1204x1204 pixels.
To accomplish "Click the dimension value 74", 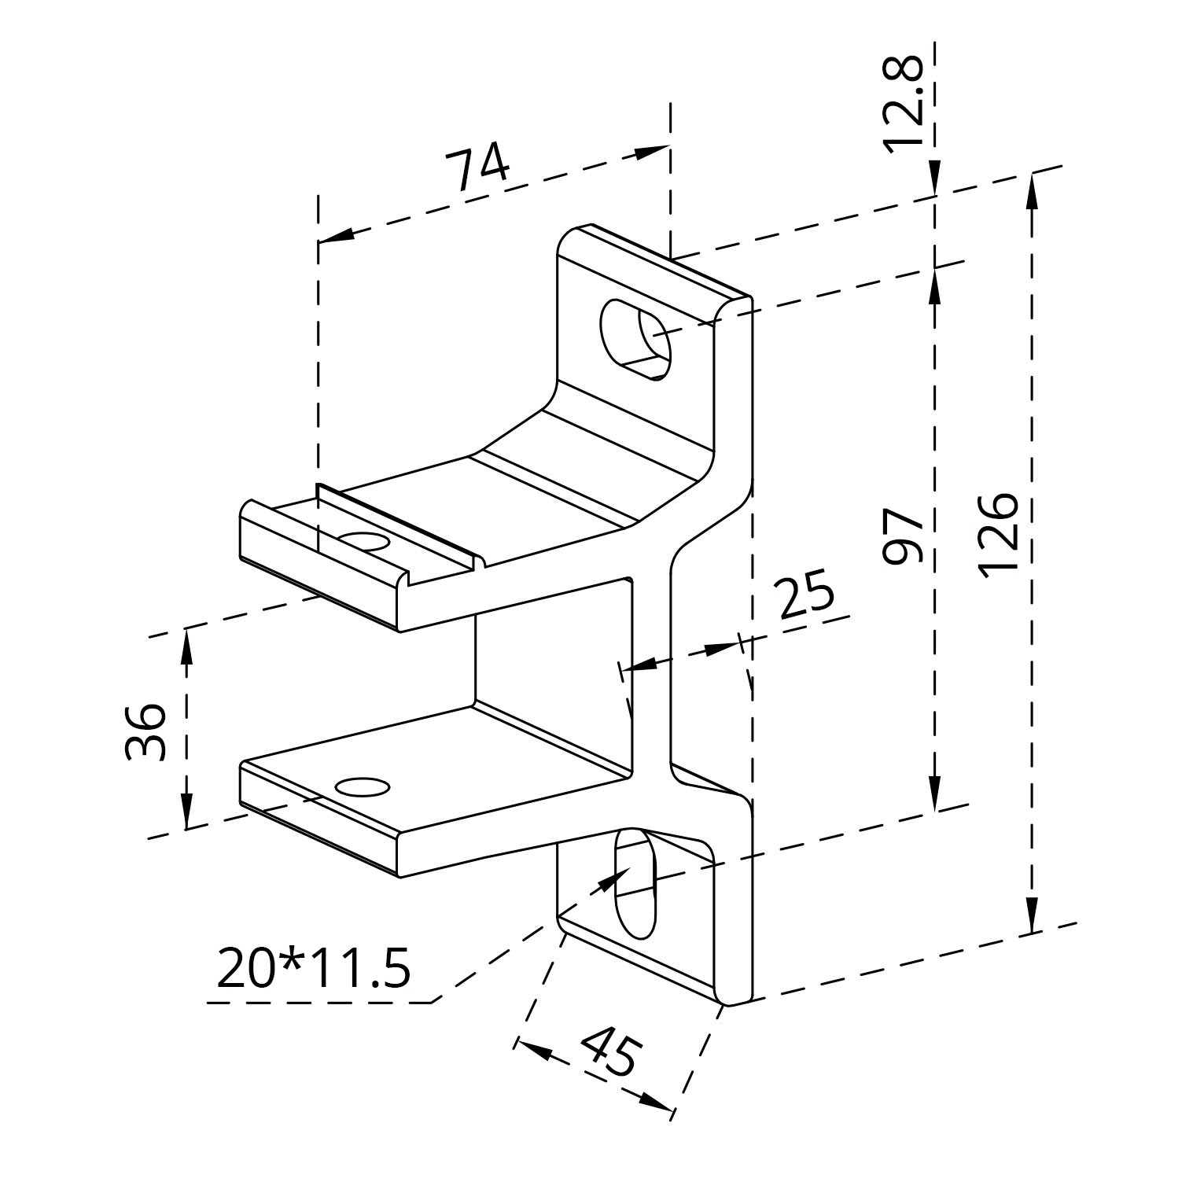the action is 478,168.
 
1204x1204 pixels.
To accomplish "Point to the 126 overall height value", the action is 1000,535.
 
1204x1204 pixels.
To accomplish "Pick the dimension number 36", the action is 145,731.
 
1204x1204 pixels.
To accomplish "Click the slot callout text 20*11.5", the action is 313,968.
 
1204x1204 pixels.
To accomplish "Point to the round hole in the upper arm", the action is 363,543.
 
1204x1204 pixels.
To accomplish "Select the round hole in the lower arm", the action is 363,786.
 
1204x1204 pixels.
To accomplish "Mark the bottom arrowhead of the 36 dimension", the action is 187,810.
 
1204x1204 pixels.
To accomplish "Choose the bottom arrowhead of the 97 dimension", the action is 935,793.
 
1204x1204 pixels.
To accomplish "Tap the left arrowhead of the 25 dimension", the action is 639,665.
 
